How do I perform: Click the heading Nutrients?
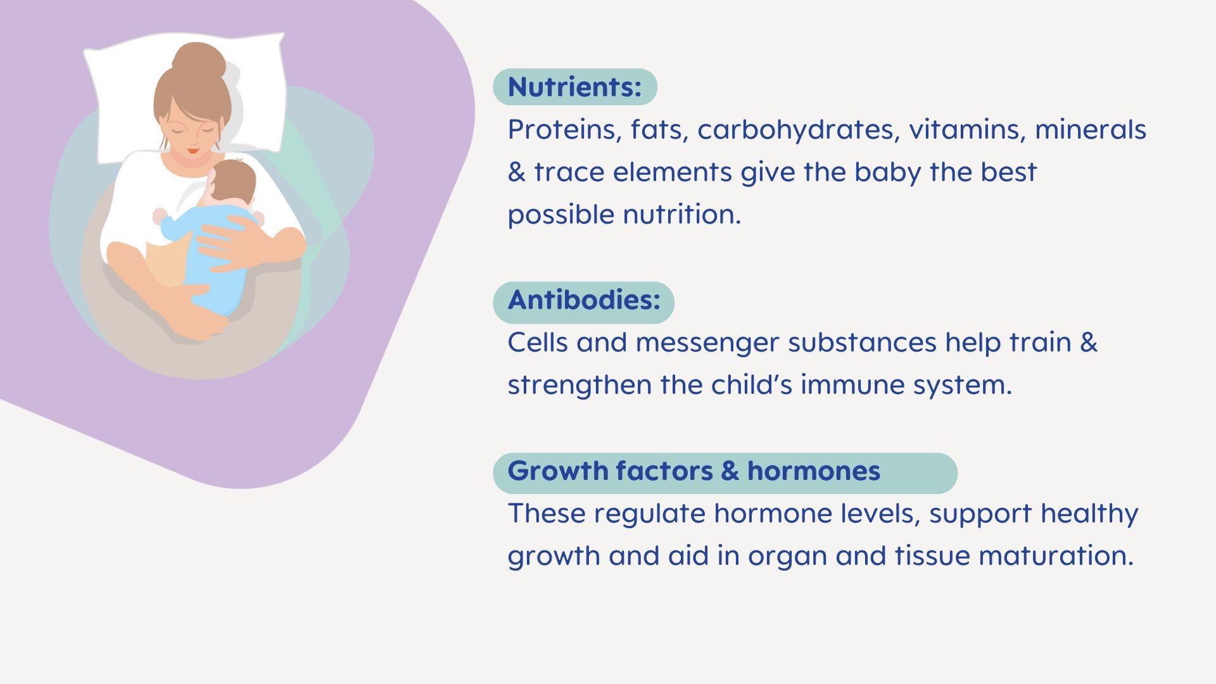click(x=574, y=87)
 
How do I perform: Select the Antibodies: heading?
click(x=583, y=300)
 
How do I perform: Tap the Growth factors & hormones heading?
click(x=693, y=471)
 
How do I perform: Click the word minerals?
click(x=1091, y=130)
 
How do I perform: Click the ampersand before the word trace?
click(x=516, y=172)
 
